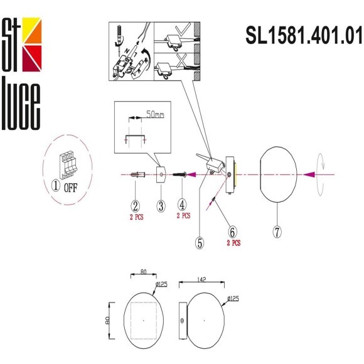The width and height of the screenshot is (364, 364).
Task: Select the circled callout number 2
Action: coord(135,205)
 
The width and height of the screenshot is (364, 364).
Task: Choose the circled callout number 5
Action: coord(200,243)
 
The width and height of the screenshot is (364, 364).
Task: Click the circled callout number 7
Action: coord(277,231)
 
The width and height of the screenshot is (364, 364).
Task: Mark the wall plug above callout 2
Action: coord(137,175)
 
